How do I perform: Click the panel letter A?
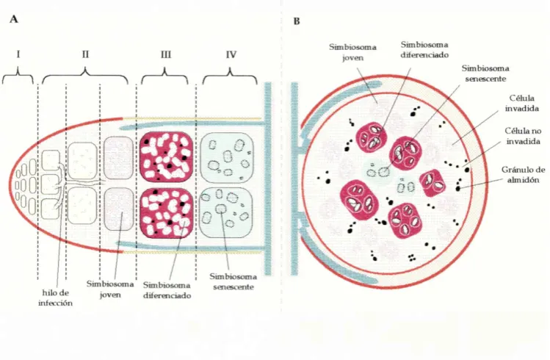tap(14, 19)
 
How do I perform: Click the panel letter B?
tap(297, 21)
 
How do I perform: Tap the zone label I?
tap(18, 54)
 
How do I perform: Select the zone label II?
tap(85, 54)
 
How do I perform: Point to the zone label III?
tap(165, 54)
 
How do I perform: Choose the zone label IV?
tap(231, 54)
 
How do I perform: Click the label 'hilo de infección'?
tap(55, 298)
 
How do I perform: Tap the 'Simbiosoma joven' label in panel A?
tap(110, 289)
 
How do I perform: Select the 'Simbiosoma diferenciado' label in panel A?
tap(167, 290)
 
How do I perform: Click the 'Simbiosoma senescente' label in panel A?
tap(234, 281)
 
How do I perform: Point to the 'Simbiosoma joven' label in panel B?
tap(353, 52)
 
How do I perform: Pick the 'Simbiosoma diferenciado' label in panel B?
tap(424, 50)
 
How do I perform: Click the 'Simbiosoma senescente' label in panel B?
tap(485, 73)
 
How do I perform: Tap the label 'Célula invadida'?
tap(522, 103)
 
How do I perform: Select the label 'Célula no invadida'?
tap(523, 136)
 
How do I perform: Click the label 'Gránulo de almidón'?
tap(523, 175)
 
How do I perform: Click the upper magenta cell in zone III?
tap(167, 156)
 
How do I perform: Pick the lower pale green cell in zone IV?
tap(227, 212)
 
